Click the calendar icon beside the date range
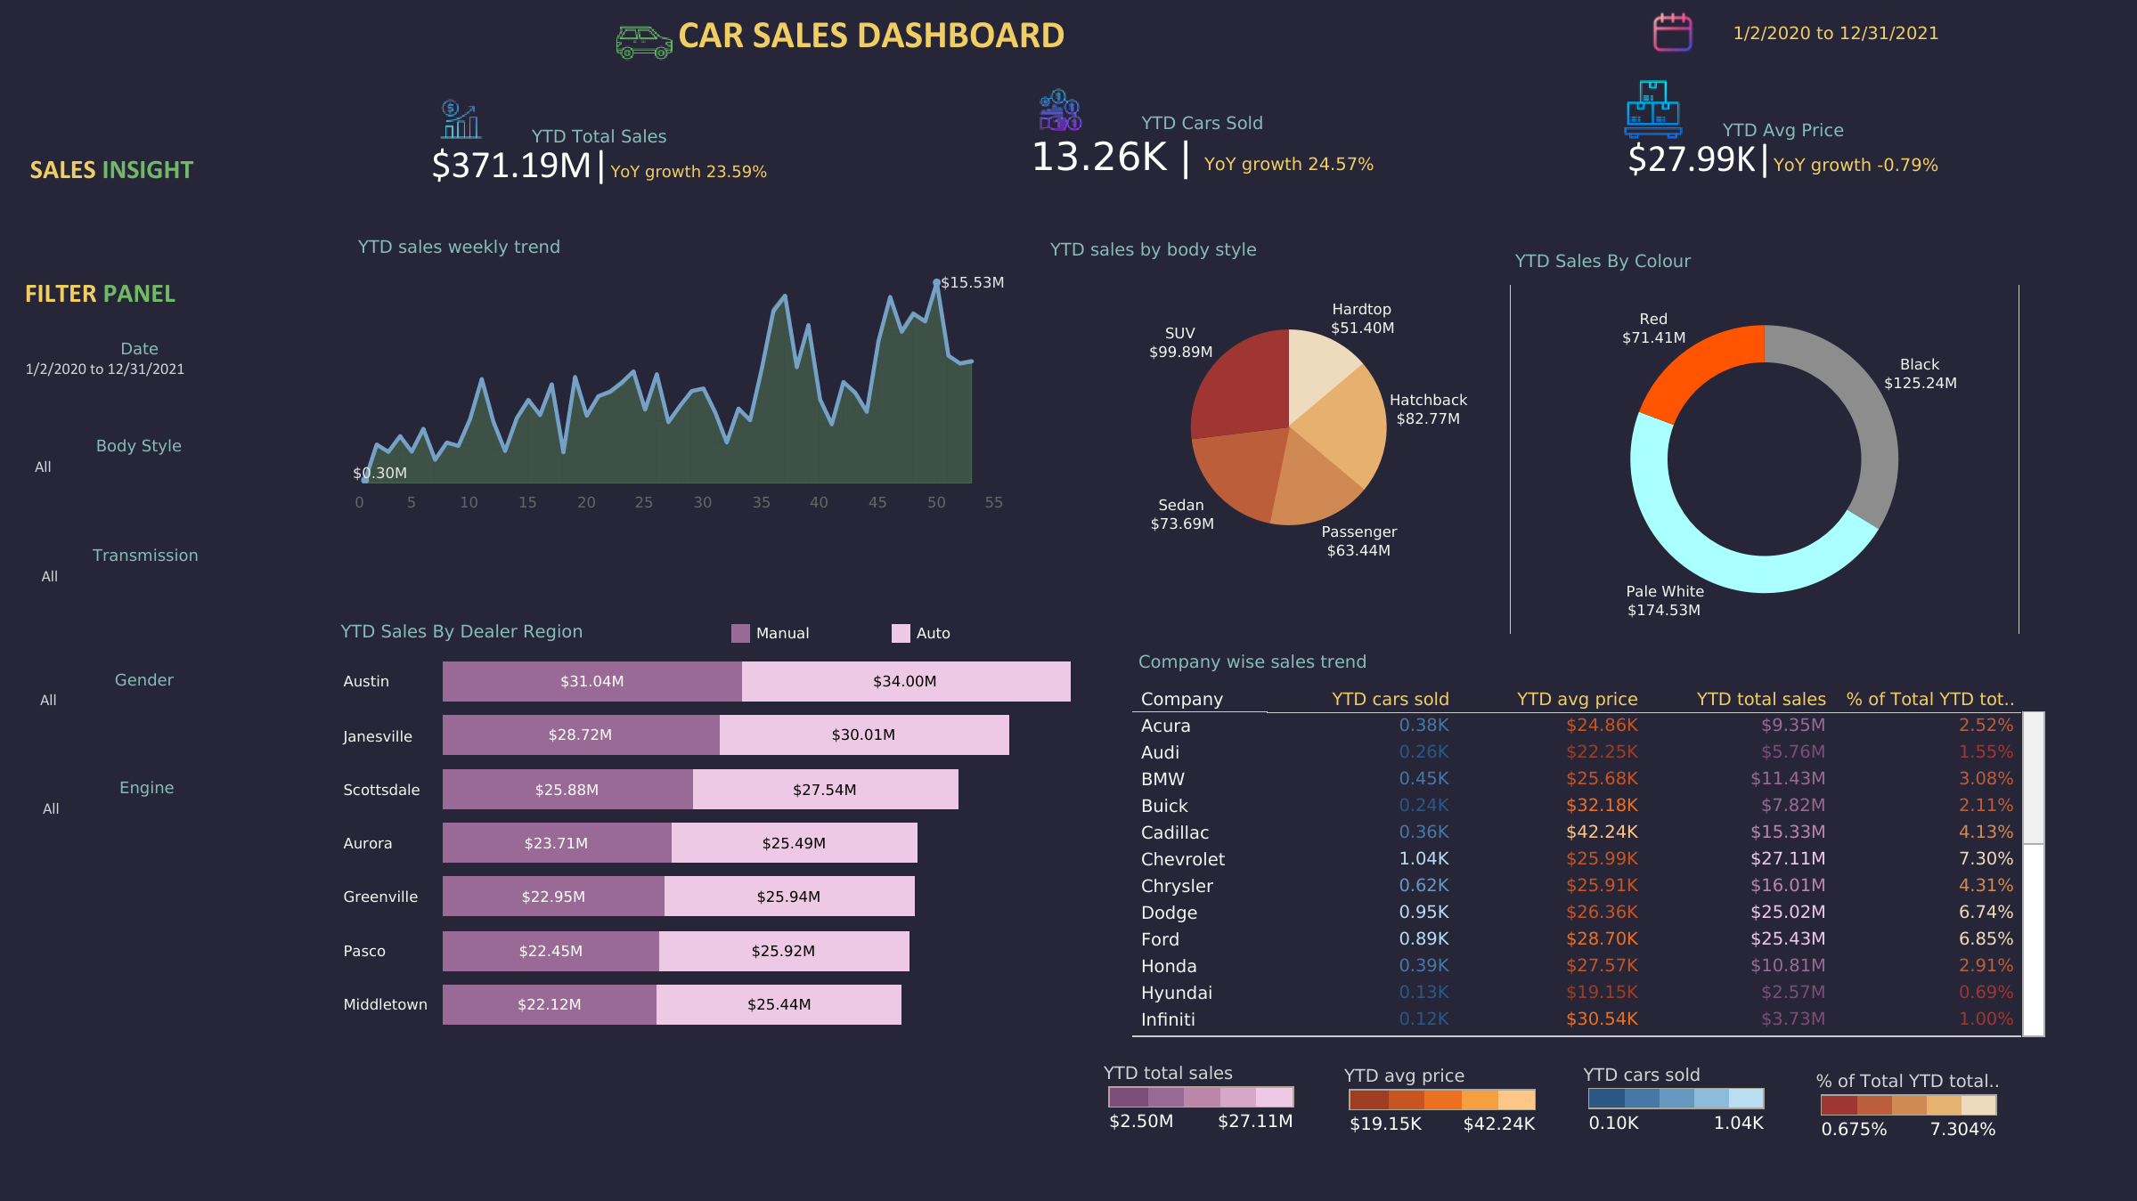click(x=1672, y=33)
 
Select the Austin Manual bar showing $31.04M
click(x=591, y=681)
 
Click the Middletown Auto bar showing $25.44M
click(x=779, y=1004)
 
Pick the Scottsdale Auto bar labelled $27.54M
click(x=825, y=790)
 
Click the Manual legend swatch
click(x=740, y=633)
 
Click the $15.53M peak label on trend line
click(x=972, y=282)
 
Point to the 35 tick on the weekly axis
click(x=761, y=502)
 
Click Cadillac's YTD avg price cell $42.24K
click(x=1602, y=832)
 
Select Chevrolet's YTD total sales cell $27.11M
click(x=1787, y=858)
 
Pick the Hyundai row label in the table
click(x=1176, y=993)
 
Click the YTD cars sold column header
click(x=1390, y=699)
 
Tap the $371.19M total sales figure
click(x=511, y=166)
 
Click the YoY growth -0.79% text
click(x=1855, y=165)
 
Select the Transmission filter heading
click(x=145, y=556)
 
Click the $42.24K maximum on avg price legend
click(x=1498, y=1124)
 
